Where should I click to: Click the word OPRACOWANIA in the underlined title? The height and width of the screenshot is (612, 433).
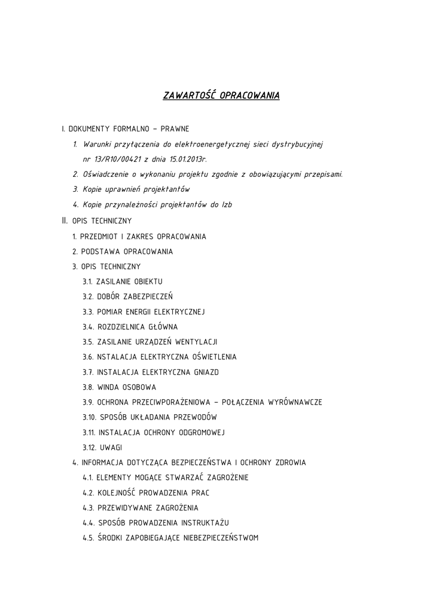(249, 96)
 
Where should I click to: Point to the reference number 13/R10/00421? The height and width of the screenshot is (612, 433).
(116, 160)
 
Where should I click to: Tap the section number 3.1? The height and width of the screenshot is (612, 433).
(87, 281)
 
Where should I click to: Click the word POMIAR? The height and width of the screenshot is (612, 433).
(109, 311)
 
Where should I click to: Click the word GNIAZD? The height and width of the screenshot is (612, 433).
(206, 372)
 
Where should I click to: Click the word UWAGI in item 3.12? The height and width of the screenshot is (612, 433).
(111, 448)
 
